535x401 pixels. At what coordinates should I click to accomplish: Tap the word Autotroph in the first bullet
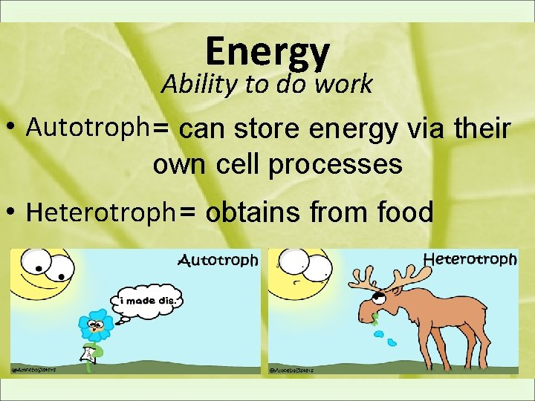tap(87, 128)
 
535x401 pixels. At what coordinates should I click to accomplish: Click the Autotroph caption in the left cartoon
tap(218, 260)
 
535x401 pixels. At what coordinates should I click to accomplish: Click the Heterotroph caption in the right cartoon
tap(470, 259)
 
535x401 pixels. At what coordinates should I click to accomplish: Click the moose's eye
tap(380, 296)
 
